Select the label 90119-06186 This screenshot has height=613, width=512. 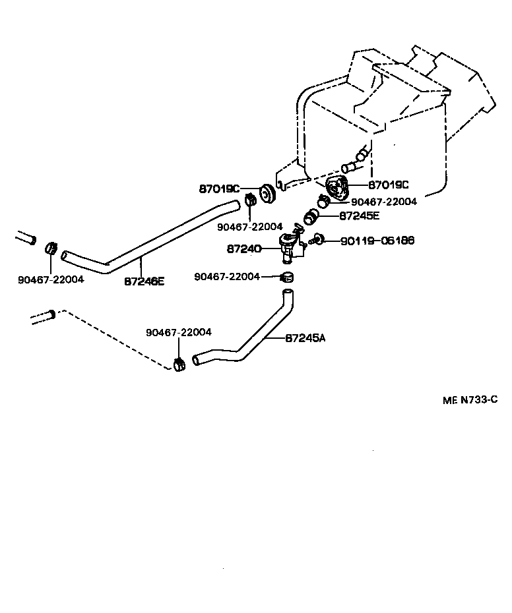pyautogui.click(x=377, y=241)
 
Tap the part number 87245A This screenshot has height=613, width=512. pyautogui.click(x=305, y=338)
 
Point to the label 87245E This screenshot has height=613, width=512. pyautogui.click(x=360, y=216)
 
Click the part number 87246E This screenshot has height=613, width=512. pyautogui.click(x=144, y=281)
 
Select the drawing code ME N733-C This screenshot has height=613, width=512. pyautogui.click(x=469, y=399)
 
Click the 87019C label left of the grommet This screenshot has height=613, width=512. pyautogui.click(x=220, y=189)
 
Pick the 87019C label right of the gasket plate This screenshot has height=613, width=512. pyautogui.click(x=389, y=185)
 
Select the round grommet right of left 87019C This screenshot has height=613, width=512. pyautogui.click(x=267, y=195)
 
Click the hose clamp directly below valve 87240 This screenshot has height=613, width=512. pyautogui.click(x=286, y=276)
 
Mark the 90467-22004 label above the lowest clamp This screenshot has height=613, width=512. pyautogui.click(x=178, y=332)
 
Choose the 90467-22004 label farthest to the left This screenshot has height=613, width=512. pyautogui.click(x=51, y=279)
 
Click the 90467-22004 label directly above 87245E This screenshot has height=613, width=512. pyautogui.click(x=384, y=202)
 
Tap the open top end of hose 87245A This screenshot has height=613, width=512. pyautogui.click(x=287, y=291)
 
